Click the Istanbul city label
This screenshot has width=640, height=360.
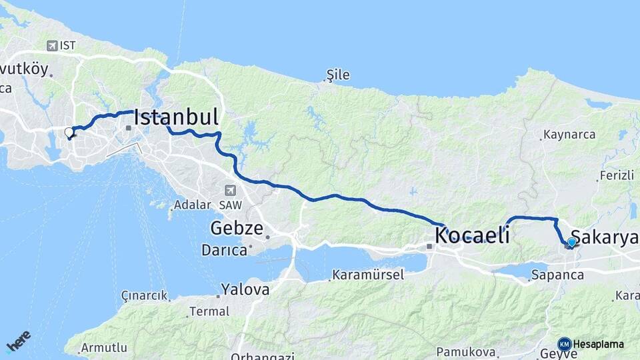177,117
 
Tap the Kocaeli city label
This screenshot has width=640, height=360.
472,235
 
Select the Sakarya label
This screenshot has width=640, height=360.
605,238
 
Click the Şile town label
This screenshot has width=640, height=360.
338,75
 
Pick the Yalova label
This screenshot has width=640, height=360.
245,289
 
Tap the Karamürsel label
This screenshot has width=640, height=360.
368,275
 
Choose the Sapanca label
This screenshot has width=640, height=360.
557,274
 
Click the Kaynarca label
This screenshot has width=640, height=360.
569,134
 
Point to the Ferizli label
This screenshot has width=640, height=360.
616,176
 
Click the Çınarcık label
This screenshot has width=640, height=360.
144,295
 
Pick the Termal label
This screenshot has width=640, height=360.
209,311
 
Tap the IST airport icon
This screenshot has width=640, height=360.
53,45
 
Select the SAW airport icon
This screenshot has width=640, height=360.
231,190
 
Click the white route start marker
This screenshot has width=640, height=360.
69,133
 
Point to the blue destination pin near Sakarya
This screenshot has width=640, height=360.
571,243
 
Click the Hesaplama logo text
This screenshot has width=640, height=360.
597,344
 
